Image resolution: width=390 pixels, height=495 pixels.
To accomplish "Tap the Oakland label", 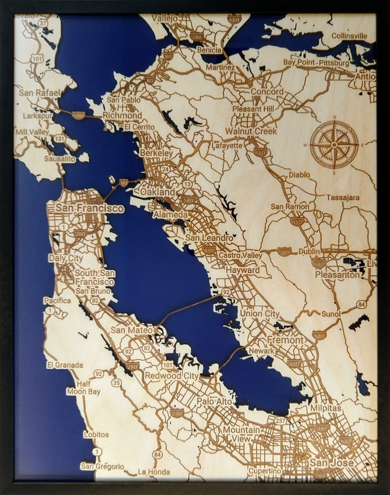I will pos(157,191).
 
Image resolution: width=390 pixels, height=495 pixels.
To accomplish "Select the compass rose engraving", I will pos(334,145).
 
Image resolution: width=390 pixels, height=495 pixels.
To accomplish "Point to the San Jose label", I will pos(331,463).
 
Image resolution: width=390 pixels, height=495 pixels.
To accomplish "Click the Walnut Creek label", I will pos(251,131).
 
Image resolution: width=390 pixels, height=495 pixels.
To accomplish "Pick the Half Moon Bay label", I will pos(84,388).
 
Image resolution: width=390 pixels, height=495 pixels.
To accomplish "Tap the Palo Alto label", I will pos(215,402).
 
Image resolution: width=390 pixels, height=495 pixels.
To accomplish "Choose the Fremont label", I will pos(285,340).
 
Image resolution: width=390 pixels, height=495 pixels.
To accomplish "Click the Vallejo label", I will pos(165,18).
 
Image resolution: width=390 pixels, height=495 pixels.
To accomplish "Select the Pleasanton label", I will pos(337,275).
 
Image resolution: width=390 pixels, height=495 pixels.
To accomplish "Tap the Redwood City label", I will pos(171,376).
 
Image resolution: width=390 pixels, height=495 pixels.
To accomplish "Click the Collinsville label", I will pos(349,36).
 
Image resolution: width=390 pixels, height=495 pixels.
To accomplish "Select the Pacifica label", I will pos(57,300).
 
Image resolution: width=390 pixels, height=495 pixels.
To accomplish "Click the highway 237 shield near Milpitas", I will pos(280,421).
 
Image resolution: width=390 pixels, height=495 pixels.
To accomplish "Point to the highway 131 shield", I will pos(59,139).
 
